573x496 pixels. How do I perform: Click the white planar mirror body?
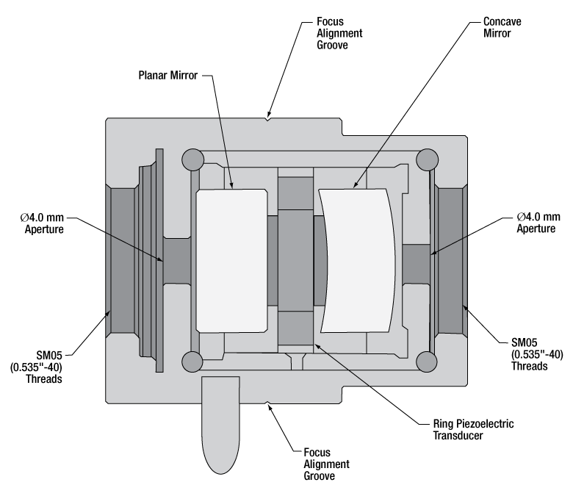point(231,259)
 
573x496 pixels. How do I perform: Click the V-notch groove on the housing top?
point(270,118)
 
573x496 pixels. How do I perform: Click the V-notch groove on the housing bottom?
point(270,402)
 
